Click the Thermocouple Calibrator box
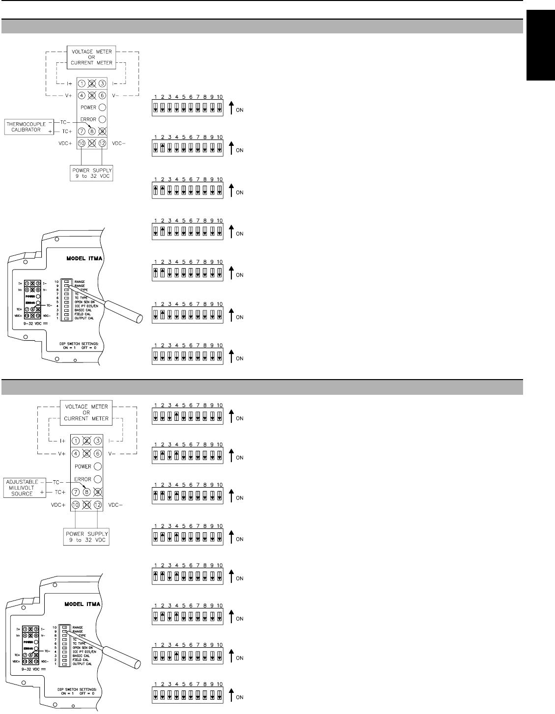click(x=24, y=127)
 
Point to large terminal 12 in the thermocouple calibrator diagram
click(x=102, y=143)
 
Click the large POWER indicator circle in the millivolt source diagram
click(x=98, y=466)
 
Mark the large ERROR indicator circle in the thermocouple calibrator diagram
click(x=102, y=119)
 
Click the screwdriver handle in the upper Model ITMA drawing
click(x=133, y=314)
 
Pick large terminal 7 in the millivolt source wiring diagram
click(x=76, y=492)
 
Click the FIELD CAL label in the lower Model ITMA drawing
click(x=82, y=659)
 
